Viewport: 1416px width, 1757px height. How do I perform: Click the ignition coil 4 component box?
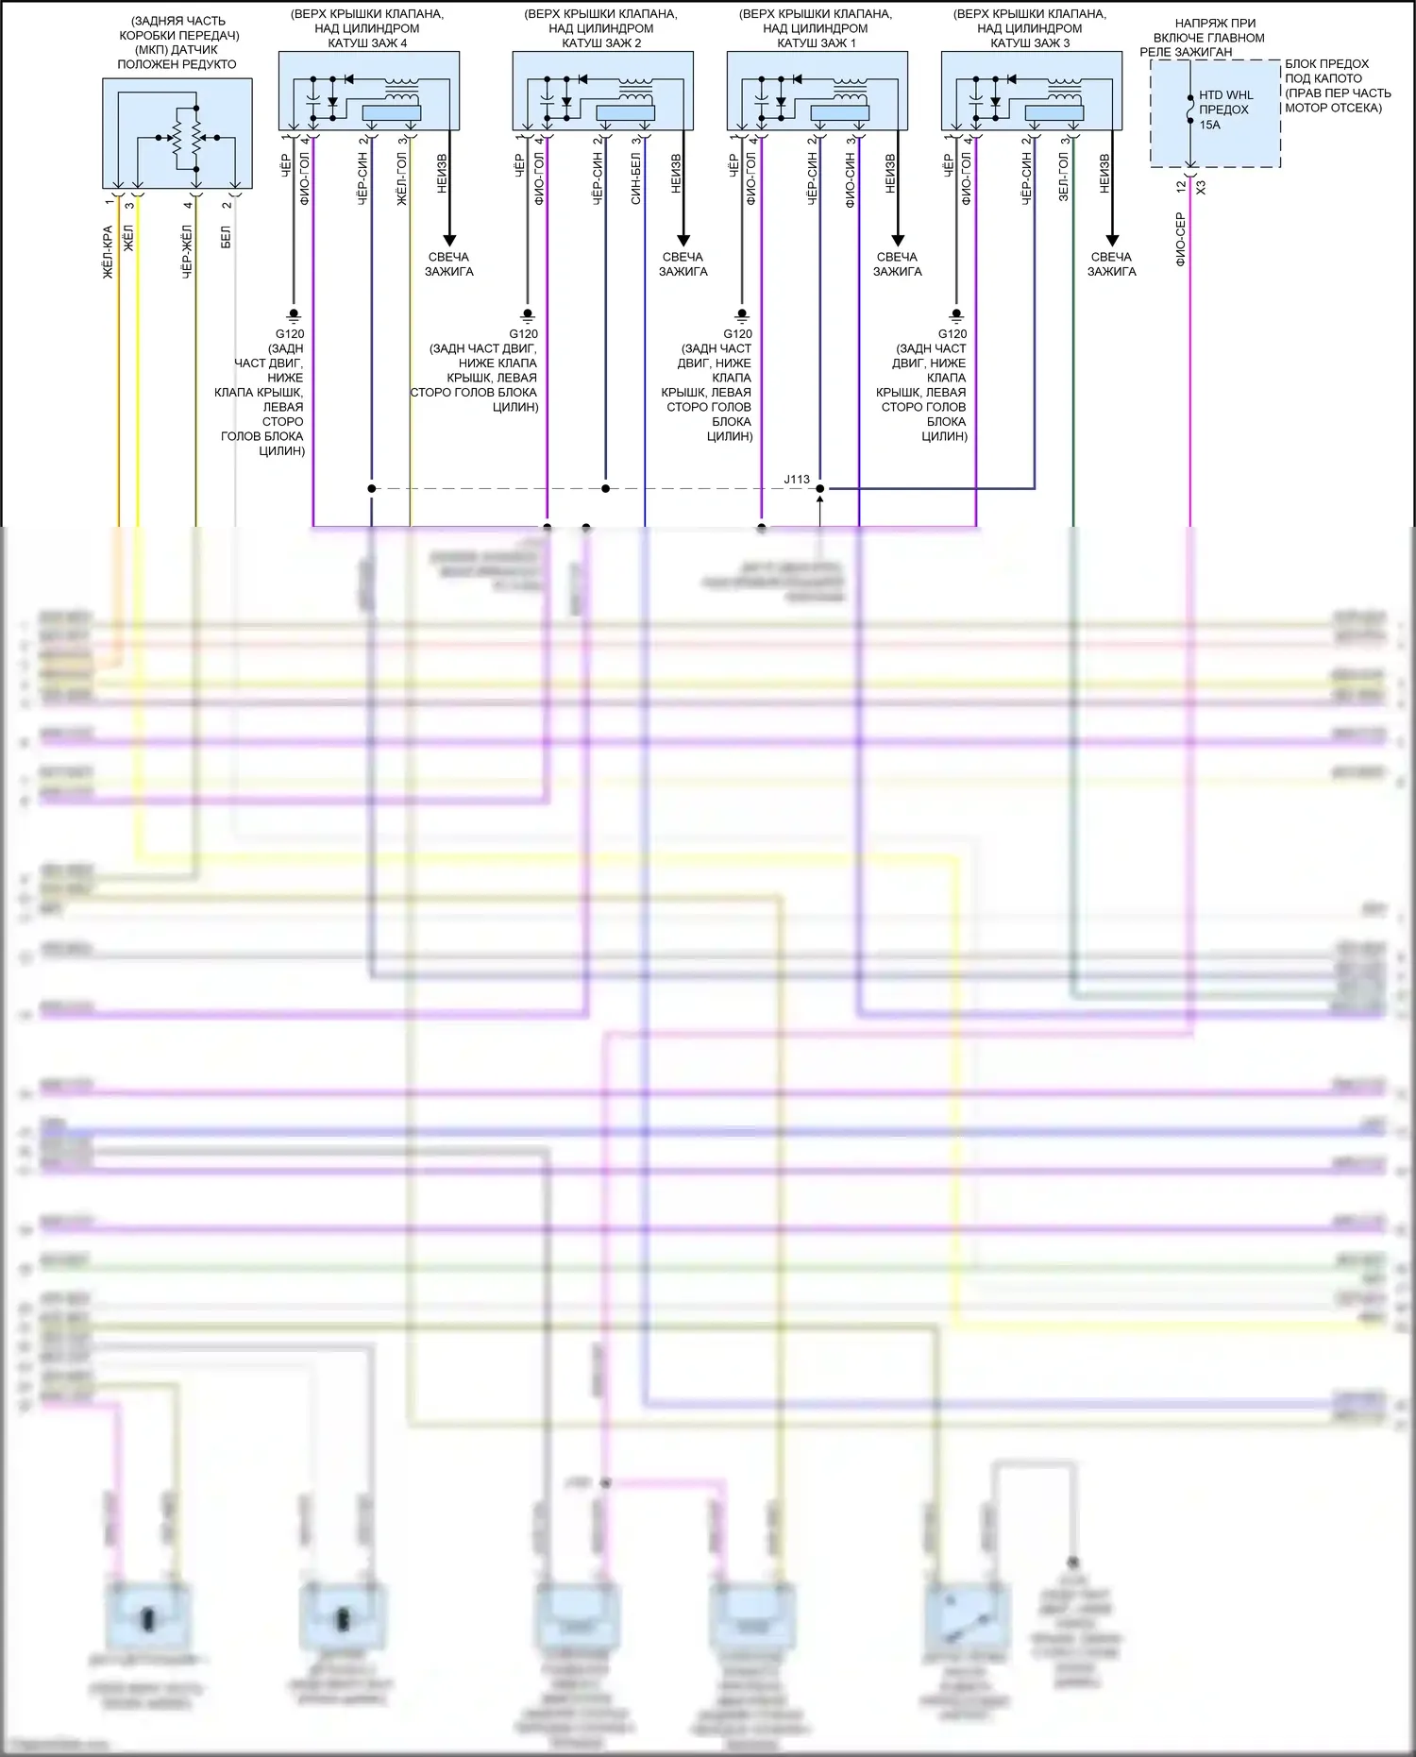(x=368, y=90)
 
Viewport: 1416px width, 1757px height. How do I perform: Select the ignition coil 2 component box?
(x=602, y=90)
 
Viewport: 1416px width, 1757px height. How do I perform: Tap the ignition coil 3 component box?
(x=1031, y=90)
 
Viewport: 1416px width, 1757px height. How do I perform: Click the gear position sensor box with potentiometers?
(x=177, y=133)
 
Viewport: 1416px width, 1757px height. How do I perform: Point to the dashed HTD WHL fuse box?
(x=1215, y=113)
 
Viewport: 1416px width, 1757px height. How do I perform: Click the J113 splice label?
(x=797, y=479)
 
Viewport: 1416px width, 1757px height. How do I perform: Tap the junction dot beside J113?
(x=819, y=488)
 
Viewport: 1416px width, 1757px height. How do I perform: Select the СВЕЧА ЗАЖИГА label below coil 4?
(x=449, y=264)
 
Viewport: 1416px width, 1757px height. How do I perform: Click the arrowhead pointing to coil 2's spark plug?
(x=683, y=240)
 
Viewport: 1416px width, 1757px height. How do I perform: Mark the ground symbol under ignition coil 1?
(x=742, y=314)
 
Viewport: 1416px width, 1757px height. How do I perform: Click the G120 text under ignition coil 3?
(x=952, y=334)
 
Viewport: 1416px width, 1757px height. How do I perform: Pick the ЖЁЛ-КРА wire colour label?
(x=108, y=251)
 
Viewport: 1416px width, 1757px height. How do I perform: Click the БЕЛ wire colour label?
(x=226, y=237)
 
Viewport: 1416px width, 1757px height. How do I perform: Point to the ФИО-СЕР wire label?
(x=1180, y=239)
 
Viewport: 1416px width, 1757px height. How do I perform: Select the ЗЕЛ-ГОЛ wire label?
(x=1063, y=177)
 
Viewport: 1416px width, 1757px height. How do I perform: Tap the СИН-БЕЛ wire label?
(x=635, y=179)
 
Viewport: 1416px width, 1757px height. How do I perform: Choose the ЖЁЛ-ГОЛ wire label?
(x=400, y=179)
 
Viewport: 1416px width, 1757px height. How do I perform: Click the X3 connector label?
(x=1201, y=188)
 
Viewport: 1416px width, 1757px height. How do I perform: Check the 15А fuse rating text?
(x=1209, y=125)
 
